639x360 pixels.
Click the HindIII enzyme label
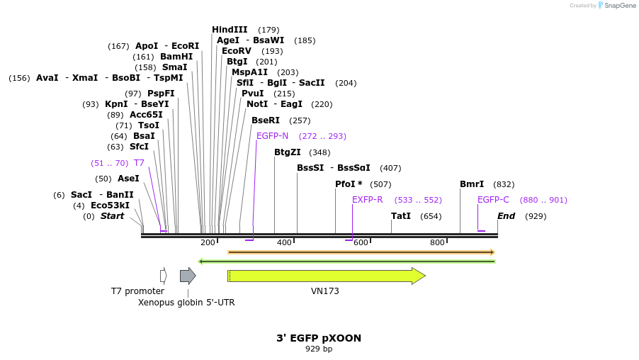230,30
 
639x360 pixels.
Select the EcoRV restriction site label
236,51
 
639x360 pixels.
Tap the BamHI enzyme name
176,57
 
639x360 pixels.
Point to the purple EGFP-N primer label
272,136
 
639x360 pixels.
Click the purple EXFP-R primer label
367,200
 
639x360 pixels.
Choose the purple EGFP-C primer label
493,200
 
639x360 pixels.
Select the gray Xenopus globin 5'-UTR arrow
188,276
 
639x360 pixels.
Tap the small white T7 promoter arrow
163,276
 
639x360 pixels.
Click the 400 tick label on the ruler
284,243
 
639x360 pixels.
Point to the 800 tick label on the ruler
437,243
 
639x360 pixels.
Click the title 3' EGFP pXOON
319,338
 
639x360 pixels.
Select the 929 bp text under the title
319,349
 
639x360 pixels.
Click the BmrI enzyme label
472,184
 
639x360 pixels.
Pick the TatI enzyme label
401,216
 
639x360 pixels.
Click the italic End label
506,216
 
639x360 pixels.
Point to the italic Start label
112,216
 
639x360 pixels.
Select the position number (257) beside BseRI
300,120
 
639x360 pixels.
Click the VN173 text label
325,291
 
